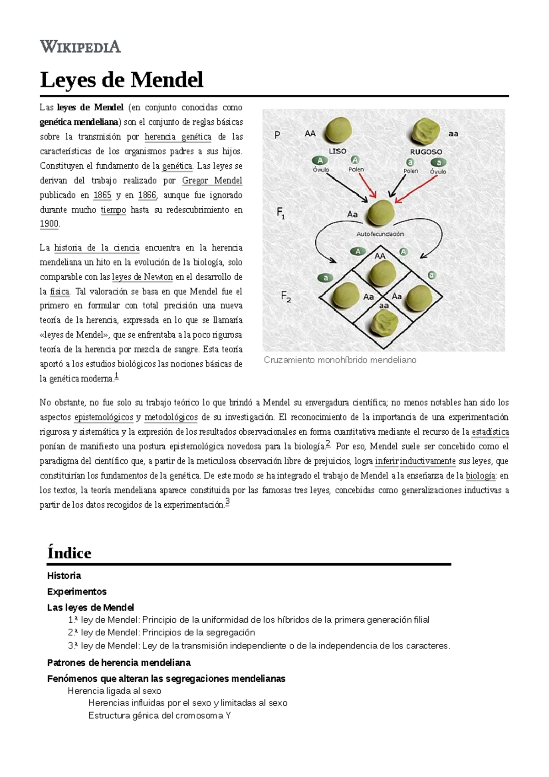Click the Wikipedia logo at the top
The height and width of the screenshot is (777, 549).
pos(80,47)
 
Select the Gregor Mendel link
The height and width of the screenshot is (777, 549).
pos(212,180)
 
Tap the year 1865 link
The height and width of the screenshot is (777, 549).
pos(102,195)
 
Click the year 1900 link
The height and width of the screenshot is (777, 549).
pos(49,224)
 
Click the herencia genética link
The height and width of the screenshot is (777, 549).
pos(178,137)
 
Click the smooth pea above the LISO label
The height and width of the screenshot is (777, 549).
pos(338,130)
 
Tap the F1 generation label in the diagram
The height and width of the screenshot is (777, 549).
pos(281,213)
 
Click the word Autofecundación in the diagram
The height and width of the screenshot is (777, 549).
pos(380,234)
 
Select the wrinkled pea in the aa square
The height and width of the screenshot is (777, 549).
pos(384,323)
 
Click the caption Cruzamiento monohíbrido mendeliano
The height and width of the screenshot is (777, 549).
pos(340,360)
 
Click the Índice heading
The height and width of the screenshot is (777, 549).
pos(69,553)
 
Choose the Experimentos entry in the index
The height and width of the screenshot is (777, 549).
pos(76,591)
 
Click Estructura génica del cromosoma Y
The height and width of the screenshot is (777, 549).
pos(159,715)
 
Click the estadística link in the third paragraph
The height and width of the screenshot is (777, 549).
pos(490,432)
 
